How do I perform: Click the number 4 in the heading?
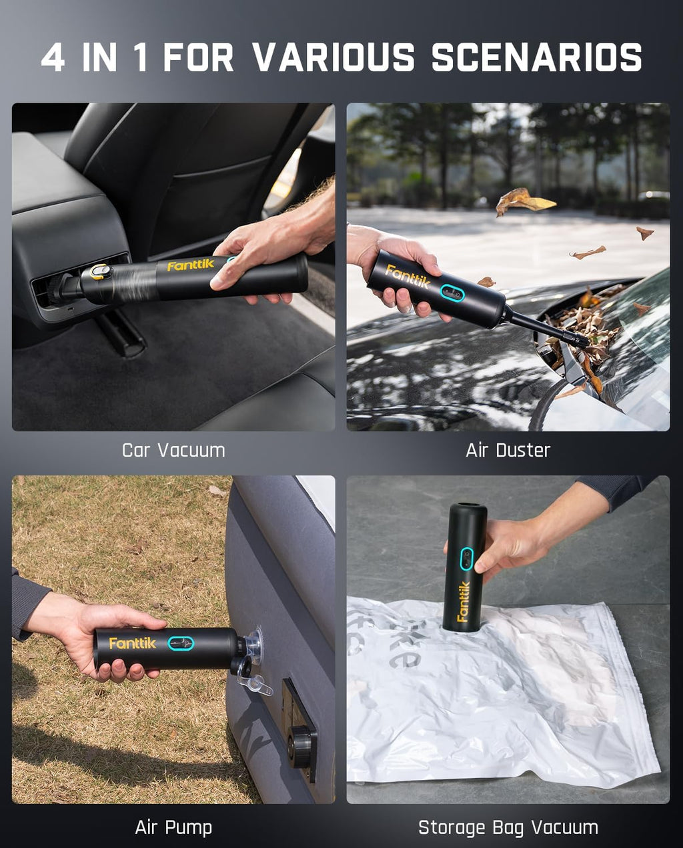point(53,57)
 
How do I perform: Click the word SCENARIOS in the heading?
point(536,57)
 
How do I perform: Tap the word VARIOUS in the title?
point(333,57)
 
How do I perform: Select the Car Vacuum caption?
point(173,450)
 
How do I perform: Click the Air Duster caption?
point(508,450)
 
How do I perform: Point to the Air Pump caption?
point(173,827)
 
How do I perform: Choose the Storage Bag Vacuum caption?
point(508,827)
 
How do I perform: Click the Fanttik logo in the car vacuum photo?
point(190,265)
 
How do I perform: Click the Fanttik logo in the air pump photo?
point(132,643)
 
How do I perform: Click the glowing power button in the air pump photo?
point(180,643)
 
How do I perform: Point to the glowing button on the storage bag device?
point(467,559)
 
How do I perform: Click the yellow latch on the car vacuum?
point(100,271)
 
